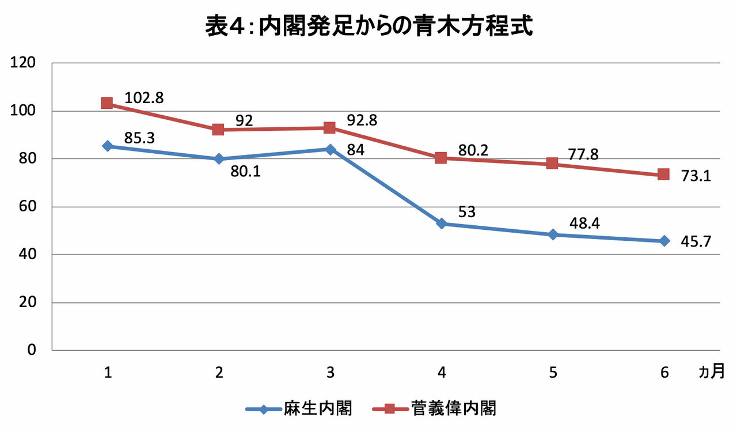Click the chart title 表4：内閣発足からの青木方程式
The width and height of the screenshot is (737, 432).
pyautogui.click(x=369, y=26)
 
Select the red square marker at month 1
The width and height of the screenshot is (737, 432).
pyautogui.click(x=107, y=103)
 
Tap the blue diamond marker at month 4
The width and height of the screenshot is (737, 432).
pyautogui.click(x=442, y=224)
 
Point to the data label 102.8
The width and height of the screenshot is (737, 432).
pyautogui.click(x=144, y=98)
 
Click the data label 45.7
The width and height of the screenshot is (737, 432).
pyautogui.click(x=696, y=242)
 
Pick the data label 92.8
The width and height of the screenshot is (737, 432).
pyautogui.click(x=362, y=120)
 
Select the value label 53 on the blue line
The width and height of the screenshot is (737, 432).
pyautogui.click(x=467, y=212)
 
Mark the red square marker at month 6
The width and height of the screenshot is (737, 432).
pyautogui.click(x=664, y=175)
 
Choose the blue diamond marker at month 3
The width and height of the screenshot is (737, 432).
pyautogui.click(x=330, y=150)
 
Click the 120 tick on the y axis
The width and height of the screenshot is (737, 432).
pyautogui.click(x=22, y=62)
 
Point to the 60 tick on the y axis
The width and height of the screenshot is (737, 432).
pyautogui.click(x=27, y=206)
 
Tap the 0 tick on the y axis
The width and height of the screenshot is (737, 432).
pyautogui.click(x=31, y=350)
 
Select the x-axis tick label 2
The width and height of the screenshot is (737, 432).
pyautogui.click(x=219, y=373)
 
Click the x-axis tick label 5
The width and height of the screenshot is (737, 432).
pyautogui.click(x=553, y=373)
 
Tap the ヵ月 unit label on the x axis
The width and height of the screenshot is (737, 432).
pyautogui.click(x=711, y=372)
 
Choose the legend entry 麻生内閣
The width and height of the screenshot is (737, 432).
pyautogui.click(x=299, y=408)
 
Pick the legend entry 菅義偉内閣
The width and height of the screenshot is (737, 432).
pyautogui.click(x=434, y=408)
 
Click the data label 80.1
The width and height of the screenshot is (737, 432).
pyautogui.click(x=245, y=172)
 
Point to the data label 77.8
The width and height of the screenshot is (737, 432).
pyautogui.click(x=583, y=154)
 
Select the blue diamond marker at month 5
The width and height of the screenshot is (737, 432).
pyautogui.click(x=553, y=235)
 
